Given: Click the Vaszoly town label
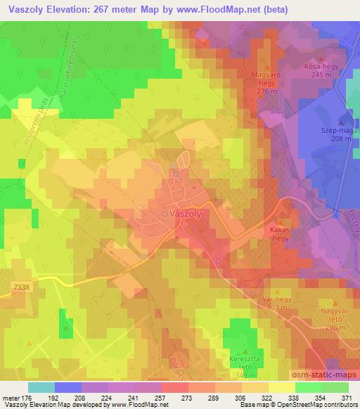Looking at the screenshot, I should coord(187,214).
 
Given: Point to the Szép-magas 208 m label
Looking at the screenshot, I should coord(337,135).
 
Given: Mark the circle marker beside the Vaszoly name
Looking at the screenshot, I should coord(165,214).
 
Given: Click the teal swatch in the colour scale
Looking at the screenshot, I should coord(41,387).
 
